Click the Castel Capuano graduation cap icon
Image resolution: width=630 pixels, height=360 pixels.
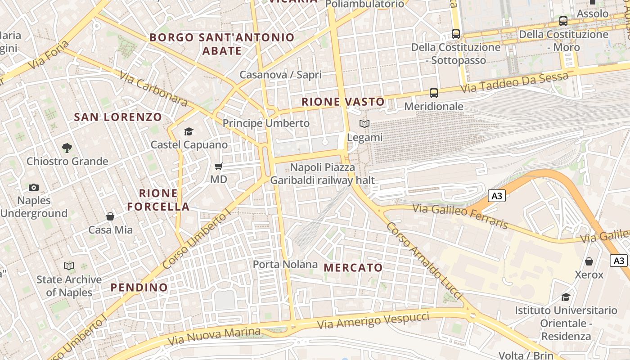pyautogui.click(x=189, y=131)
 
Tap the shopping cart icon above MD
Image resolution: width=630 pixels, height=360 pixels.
pyautogui.click(x=219, y=166)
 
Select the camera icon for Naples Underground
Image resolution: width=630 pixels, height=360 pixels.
pyautogui.click(x=34, y=187)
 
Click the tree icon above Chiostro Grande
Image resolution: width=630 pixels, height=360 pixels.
pyautogui.click(x=67, y=148)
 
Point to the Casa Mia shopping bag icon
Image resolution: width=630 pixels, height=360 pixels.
pyautogui.click(x=110, y=217)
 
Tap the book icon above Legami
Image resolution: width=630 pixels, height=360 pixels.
pyautogui.click(x=364, y=124)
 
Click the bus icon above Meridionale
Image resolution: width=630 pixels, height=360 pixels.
pyautogui.click(x=434, y=93)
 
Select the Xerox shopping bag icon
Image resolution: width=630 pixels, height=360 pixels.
pyautogui.click(x=589, y=261)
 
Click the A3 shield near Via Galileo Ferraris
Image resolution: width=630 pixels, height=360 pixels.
pyautogui.click(x=497, y=196)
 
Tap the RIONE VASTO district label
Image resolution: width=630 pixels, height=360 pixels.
pyautogui.click(x=343, y=102)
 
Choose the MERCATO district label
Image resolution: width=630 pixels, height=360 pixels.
pyautogui.click(x=353, y=268)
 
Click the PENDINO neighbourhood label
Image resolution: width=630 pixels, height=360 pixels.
pyautogui.click(x=139, y=287)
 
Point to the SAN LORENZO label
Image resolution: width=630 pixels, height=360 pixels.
pyautogui.click(x=118, y=117)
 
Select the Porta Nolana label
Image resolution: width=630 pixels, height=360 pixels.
pyautogui.click(x=285, y=264)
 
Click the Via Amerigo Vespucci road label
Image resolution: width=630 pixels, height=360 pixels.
pyautogui.click(x=373, y=320)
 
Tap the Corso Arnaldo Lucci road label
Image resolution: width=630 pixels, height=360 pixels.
pyautogui.click(x=423, y=260)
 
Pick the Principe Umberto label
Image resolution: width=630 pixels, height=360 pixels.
pyautogui.click(x=266, y=123)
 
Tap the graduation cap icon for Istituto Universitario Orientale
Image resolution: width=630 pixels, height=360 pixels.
pyautogui.click(x=566, y=297)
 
